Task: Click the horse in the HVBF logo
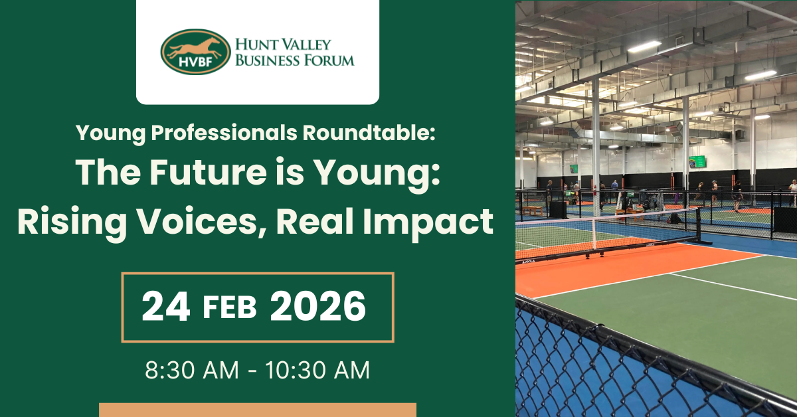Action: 194,48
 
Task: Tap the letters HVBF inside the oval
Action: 195,62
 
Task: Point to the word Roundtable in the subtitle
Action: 369,133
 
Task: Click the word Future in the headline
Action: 208,173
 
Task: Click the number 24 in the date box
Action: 165,306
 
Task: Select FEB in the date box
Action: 230,307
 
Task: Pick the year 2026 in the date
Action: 317,306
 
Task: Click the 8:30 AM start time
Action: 192,370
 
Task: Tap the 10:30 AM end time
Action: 317,370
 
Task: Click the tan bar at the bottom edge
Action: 258,410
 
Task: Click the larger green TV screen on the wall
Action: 697,161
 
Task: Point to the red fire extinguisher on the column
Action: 594,191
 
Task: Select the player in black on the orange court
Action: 737,197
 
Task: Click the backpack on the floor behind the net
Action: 675,218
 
